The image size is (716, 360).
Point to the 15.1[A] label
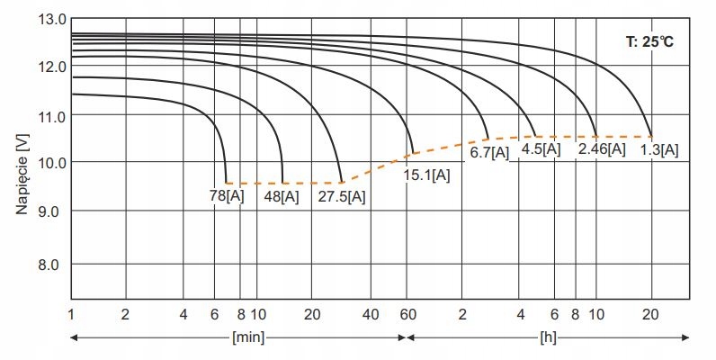[427, 174]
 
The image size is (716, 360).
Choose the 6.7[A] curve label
[489, 152]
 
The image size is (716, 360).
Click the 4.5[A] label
[541, 148]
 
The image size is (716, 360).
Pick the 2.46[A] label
[602, 148]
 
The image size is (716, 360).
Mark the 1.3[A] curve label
[659, 148]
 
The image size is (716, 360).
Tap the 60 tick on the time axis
[407, 314]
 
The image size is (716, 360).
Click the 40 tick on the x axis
[371, 314]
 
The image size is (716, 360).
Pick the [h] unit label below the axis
[547, 338]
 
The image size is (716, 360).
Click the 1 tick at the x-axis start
[70, 314]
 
